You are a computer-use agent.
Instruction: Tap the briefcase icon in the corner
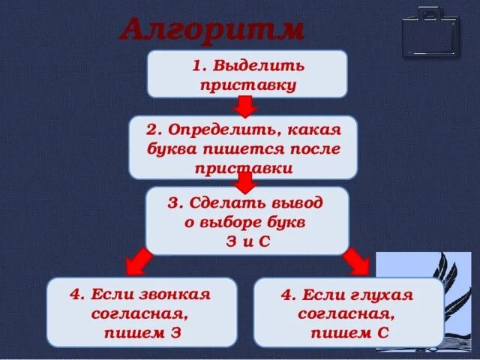pos(430,31)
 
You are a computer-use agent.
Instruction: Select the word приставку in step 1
pos(248,84)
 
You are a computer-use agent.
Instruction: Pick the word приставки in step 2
pos(243,168)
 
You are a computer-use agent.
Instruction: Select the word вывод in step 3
pos(298,203)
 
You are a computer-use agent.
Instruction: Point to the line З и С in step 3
pos(247,242)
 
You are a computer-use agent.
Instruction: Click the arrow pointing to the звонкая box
pos(137,262)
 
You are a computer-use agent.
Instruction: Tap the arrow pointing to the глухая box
pos(356,262)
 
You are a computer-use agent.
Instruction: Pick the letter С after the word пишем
pos(382,332)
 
